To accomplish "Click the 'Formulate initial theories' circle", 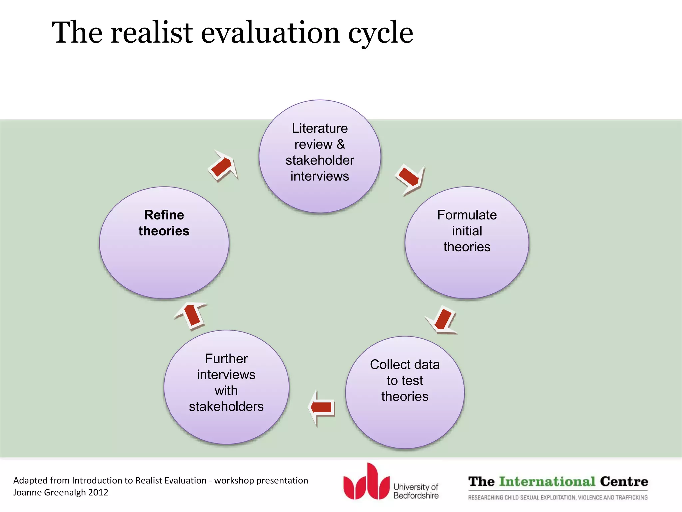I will pos(467,242).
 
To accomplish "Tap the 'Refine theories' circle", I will pos(164,242).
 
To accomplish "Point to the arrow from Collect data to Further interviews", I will pos(321,407).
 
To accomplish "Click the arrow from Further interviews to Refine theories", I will pos(192,315).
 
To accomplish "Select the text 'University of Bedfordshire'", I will pos(416,491).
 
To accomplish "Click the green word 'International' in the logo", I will pos(547,481).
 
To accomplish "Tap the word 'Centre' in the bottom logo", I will pos(624,481).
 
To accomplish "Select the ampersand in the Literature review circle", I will pos(340,144).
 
